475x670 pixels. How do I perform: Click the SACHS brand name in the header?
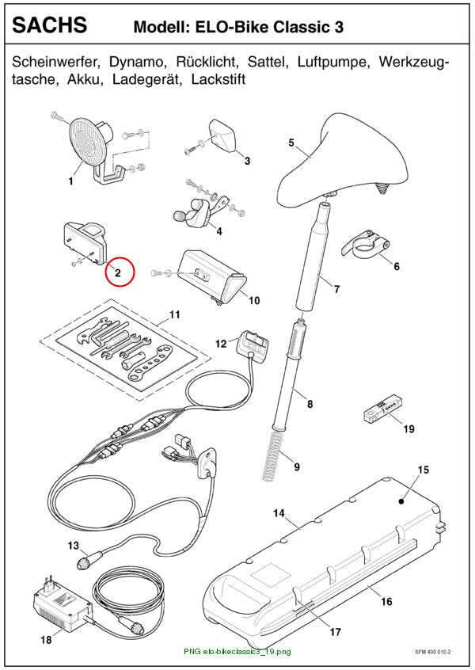50,25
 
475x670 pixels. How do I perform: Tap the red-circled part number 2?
117,272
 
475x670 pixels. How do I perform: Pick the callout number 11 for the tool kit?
175,314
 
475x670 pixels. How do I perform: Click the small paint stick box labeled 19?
381,409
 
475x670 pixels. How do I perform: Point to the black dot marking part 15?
401,501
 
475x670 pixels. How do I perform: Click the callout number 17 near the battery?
336,632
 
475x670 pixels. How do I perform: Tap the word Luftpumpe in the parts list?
332,62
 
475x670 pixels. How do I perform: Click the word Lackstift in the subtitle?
218,79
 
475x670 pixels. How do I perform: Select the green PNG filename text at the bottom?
237,652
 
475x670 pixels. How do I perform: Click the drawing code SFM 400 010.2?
433,652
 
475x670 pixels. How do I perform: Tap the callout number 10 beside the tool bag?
254,300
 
